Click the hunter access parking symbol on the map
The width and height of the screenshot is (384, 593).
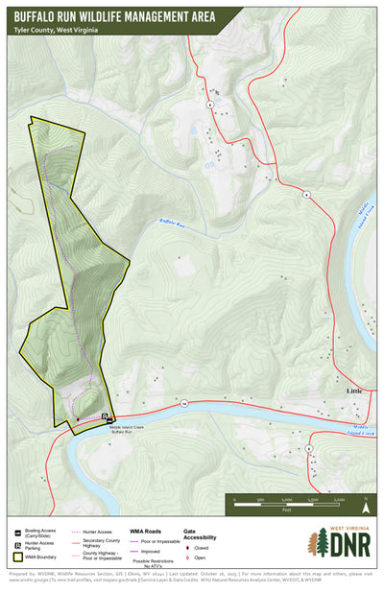105,415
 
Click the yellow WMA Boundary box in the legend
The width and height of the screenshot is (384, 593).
18,556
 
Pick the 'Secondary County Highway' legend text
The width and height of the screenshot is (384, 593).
102,544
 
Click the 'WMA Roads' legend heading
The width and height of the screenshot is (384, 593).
154,531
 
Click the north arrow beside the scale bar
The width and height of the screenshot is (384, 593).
365,500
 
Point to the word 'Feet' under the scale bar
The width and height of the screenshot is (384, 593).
285,510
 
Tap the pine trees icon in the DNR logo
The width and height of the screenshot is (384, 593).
318,543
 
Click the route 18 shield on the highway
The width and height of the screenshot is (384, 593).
182,404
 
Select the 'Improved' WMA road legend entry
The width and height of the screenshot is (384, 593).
152,552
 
